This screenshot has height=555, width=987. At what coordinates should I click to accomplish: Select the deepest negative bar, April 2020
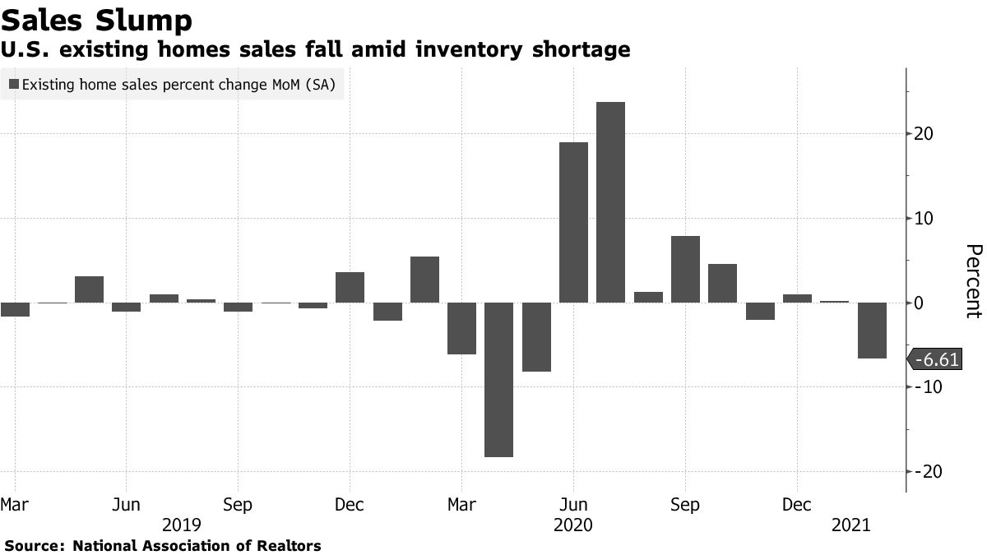tap(498, 379)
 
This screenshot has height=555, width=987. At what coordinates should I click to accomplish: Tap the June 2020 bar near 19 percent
tap(573, 222)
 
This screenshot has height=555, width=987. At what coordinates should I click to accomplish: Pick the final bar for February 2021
tap(872, 330)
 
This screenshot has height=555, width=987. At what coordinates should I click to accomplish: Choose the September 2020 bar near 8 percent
tap(685, 269)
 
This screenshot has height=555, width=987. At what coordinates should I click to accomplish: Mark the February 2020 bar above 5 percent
tap(424, 279)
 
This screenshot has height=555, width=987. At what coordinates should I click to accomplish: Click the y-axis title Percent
tap(972, 280)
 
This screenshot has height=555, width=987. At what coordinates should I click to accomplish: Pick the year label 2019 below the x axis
tap(182, 524)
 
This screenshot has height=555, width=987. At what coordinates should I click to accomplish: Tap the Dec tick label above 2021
tap(796, 503)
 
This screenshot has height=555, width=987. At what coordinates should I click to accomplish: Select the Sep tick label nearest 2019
tap(238, 503)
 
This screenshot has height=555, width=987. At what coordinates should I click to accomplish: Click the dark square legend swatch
tap(13, 84)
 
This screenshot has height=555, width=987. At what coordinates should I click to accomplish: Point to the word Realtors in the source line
tap(290, 545)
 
